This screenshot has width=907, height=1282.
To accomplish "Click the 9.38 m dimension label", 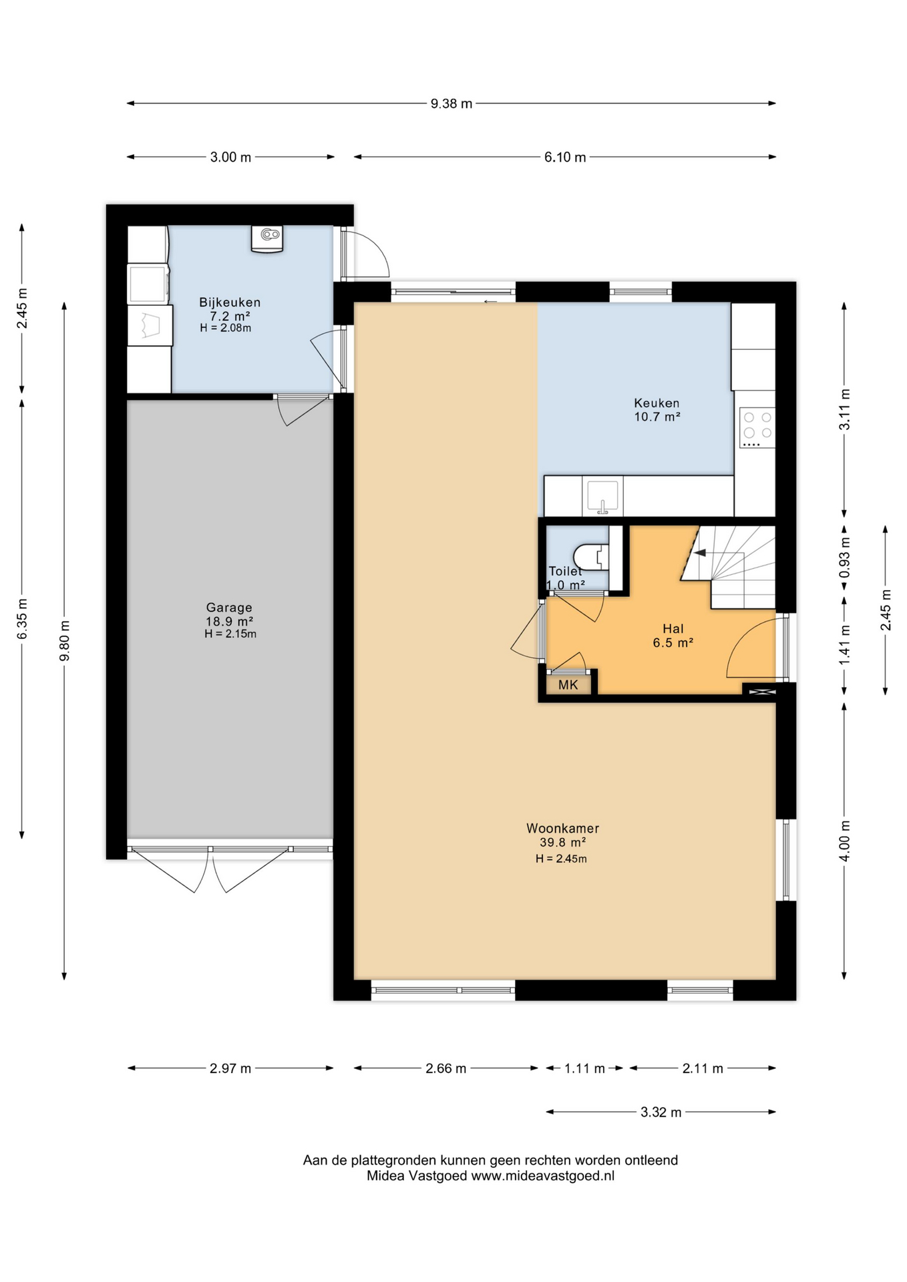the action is pyautogui.click(x=451, y=103).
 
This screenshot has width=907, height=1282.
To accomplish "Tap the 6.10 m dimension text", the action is pyautogui.click(x=565, y=157).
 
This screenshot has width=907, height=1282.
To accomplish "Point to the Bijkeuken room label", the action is pyautogui.click(x=230, y=302).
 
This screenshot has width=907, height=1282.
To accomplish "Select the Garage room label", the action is pyautogui.click(x=229, y=608).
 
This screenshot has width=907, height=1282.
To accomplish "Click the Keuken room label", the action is pyautogui.click(x=657, y=403).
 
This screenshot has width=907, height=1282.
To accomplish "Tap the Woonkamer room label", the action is pyautogui.click(x=563, y=828).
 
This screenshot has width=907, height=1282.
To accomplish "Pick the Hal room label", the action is pyautogui.click(x=673, y=628).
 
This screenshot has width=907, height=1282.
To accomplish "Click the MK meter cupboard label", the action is pyautogui.click(x=568, y=685).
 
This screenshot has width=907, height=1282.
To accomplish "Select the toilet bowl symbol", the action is pyautogui.click(x=592, y=558).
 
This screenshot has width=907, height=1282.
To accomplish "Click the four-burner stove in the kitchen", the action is pyautogui.click(x=757, y=427).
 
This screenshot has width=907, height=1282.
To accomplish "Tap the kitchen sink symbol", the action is pyautogui.click(x=602, y=496).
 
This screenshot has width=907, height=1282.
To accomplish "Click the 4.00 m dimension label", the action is pyautogui.click(x=845, y=841).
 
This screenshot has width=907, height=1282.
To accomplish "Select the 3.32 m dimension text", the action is pyautogui.click(x=661, y=1112).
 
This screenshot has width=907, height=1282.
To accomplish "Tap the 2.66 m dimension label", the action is pyautogui.click(x=446, y=1068).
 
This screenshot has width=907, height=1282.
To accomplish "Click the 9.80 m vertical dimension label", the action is pyautogui.click(x=65, y=641).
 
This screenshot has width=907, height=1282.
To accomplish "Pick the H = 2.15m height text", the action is pyautogui.click(x=230, y=634).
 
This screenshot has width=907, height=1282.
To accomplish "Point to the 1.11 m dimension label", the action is pyautogui.click(x=584, y=1068).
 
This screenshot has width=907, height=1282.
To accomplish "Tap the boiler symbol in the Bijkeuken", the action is pyautogui.click(x=267, y=238).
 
